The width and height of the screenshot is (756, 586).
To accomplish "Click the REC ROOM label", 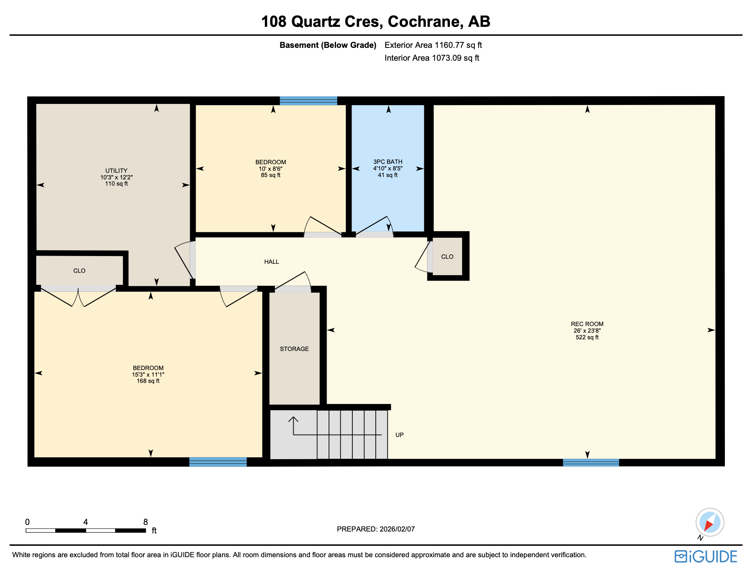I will [x=587, y=324].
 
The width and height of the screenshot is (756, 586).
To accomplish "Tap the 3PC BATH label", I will [x=388, y=161].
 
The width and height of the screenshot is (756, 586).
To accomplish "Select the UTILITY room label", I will [x=116, y=170].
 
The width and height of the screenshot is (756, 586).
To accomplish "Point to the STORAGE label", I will [x=294, y=349].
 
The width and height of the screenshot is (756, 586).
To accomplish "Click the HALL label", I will [x=271, y=262].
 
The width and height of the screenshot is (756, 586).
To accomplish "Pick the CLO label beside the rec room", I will [x=447, y=257].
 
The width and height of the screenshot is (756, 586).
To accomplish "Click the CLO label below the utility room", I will [x=79, y=271].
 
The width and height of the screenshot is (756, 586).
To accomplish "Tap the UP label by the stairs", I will [x=399, y=435].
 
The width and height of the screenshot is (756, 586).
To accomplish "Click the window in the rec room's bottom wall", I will [x=591, y=463].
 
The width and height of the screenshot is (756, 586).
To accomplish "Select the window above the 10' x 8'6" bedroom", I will [x=308, y=101].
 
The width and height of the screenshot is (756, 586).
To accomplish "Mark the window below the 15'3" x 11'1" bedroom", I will [x=218, y=462].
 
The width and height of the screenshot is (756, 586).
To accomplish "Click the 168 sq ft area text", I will [x=148, y=381].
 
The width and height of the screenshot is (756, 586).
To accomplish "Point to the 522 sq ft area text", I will [x=587, y=337].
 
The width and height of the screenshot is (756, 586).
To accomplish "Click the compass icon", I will [x=710, y=522].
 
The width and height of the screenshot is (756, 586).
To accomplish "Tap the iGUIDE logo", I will [x=706, y=556].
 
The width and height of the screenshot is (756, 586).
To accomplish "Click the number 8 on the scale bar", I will [x=145, y=522].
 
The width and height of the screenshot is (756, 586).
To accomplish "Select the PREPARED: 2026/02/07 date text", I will [x=376, y=529].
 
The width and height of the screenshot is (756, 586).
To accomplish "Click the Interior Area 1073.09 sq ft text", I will [x=432, y=58].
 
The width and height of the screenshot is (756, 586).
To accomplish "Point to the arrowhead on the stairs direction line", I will [x=293, y=419].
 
